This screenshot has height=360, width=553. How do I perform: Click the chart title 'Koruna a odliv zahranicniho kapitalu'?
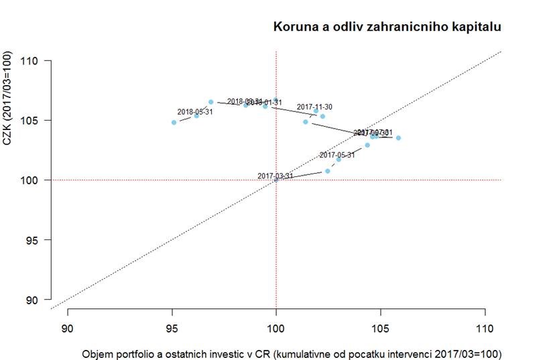pos(387,27)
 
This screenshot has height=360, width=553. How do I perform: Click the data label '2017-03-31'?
pos(275,176)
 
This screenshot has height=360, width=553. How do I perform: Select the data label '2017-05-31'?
pos(336,155)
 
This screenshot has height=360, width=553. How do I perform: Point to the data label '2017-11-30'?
pos(314,107)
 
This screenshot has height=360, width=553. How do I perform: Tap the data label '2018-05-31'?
pos(195,111)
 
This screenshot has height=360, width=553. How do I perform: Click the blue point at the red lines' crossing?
pos(276,180)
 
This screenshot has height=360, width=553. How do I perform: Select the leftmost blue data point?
pos(174,122)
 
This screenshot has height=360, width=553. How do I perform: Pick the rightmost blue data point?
pos(398,138)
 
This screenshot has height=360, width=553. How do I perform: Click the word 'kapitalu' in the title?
pos(477,27)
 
